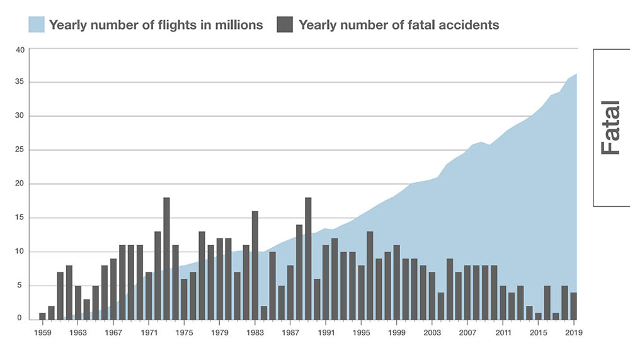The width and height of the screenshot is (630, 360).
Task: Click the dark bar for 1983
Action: click(x=255, y=265)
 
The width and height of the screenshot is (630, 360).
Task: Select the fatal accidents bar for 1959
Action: click(x=42, y=316)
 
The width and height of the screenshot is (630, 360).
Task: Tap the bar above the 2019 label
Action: click(x=573, y=306)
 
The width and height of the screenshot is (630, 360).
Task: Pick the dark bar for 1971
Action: click(x=149, y=296)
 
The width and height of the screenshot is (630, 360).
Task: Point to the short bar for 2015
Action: click(x=538, y=316)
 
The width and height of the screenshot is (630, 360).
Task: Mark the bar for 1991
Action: click(x=326, y=282)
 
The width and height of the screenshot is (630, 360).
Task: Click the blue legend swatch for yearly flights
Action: click(x=37, y=25)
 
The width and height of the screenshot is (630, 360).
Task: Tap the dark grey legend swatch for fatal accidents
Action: click(x=285, y=25)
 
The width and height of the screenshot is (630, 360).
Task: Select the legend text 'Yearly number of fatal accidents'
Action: click(x=399, y=25)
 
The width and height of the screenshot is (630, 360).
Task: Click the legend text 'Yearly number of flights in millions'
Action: click(x=156, y=25)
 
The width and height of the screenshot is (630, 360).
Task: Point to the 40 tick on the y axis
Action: click(x=20, y=49)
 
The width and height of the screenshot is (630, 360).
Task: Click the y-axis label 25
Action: click(x=20, y=150)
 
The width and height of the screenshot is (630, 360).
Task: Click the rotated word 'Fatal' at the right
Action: click(x=610, y=128)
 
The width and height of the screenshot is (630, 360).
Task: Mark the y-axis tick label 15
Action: click(x=20, y=218)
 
